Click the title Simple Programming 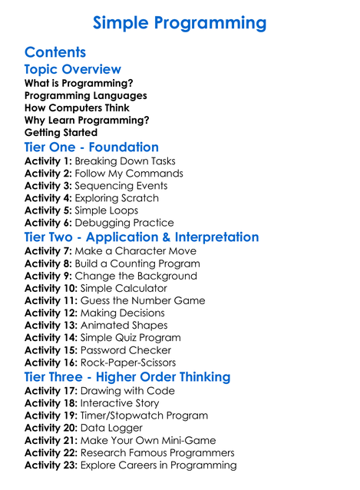click(180, 22)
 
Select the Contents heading click(54, 53)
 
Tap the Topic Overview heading click(73, 70)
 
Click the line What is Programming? click(78, 83)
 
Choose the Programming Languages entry click(85, 95)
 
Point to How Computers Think click(78, 108)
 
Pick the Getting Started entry click(61, 132)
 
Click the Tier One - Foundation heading click(91, 147)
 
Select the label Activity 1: click(48, 161)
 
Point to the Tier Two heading click(141, 237)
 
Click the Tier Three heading click(127, 377)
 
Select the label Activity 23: click(51, 465)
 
